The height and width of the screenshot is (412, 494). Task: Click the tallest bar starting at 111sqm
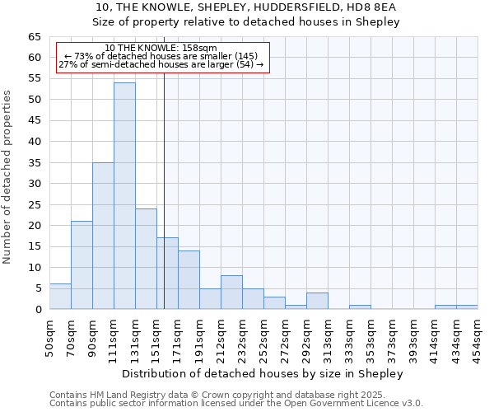coord(124,196)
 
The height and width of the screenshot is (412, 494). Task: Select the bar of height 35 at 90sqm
coord(103,236)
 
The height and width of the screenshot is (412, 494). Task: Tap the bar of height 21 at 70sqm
coord(82,265)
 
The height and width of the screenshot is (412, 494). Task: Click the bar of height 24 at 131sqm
coord(146,259)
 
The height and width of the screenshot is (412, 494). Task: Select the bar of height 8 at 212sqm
coord(231,293)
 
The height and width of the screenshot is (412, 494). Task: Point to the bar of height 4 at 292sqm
coord(317,301)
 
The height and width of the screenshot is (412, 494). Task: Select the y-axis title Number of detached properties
coord(7,177)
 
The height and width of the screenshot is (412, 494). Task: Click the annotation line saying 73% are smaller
coord(161,56)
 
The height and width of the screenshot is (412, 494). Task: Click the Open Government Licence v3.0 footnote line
coord(236,404)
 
